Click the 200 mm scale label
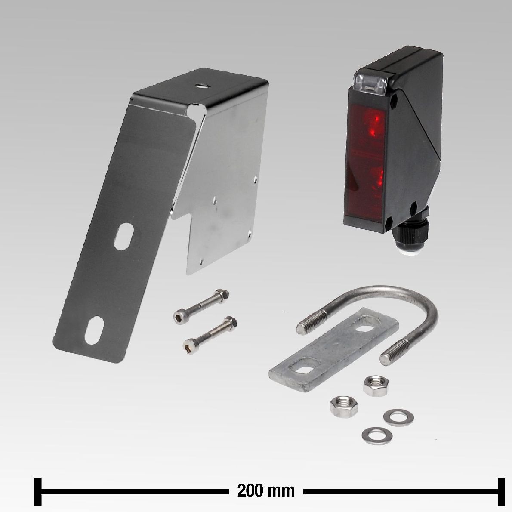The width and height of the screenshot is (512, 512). (266, 490)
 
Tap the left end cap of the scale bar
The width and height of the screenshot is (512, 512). (38, 491)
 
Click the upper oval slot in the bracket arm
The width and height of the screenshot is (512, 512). (124, 237)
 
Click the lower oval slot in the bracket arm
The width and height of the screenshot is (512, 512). (94, 330)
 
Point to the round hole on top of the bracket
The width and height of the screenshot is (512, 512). (201, 86)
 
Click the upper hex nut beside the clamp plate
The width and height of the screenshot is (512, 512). (376, 386)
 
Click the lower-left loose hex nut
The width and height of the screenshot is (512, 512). (343, 407)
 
